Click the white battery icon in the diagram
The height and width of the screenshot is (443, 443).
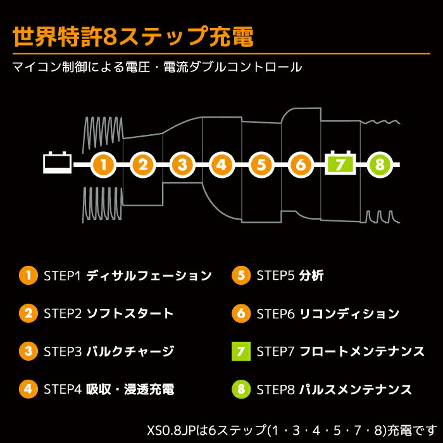pyautogui.click(x=57, y=164)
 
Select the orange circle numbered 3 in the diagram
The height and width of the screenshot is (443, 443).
pyautogui.click(x=182, y=165)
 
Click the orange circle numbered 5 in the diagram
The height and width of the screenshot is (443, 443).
pyautogui.click(x=261, y=165)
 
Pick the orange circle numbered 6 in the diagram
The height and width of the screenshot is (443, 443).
pyautogui.click(x=301, y=165)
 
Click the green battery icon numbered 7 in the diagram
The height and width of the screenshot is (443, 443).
pyautogui.click(x=340, y=165)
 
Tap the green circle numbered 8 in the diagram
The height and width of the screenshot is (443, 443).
pyautogui.click(x=380, y=165)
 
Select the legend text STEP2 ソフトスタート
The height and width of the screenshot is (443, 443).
pyautogui.click(x=108, y=313)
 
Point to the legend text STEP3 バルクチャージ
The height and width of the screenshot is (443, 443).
pyautogui.click(x=109, y=351)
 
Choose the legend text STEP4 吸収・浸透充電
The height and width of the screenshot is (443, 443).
pyautogui.click(x=109, y=389)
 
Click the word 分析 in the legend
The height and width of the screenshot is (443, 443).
pyautogui.click(x=312, y=276)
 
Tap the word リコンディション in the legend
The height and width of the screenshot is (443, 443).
pyautogui.click(x=349, y=313)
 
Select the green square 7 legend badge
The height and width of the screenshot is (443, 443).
pyautogui.click(x=240, y=351)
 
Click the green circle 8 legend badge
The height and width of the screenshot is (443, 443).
pyautogui.click(x=240, y=389)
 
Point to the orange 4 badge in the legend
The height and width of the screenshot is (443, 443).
pyautogui.click(x=28, y=389)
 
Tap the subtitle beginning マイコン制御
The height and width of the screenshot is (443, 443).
pyautogui.click(x=157, y=66)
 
